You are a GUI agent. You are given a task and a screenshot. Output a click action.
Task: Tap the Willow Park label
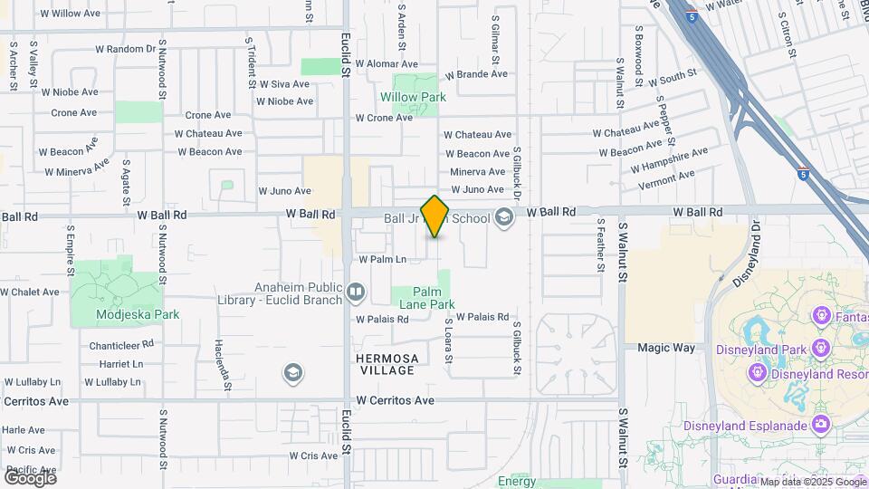(x=413, y=97)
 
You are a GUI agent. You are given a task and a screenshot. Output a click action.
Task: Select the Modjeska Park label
(x=138, y=314)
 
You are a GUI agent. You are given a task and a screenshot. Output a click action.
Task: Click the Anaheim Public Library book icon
(x=356, y=292)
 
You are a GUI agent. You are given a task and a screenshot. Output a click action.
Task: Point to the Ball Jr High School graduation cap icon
(x=504, y=217)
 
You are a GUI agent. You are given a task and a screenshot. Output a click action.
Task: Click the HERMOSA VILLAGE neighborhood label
(x=387, y=364)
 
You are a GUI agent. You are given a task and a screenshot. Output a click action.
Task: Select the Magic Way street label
(x=665, y=348)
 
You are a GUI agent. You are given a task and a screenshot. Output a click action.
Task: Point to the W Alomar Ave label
(x=387, y=64)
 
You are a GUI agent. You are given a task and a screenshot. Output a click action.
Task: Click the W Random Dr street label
(x=125, y=49)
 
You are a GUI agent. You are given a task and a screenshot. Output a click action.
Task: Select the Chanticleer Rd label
(x=121, y=345)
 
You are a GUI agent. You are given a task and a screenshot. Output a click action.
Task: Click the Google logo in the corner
(x=30, y=477)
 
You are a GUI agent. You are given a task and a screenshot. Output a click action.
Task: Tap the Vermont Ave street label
(x=665, y=174)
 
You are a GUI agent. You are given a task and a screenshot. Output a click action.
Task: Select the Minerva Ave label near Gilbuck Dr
(x=478, y=171)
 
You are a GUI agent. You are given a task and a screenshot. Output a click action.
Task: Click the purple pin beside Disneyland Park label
(x=821, y=348)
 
